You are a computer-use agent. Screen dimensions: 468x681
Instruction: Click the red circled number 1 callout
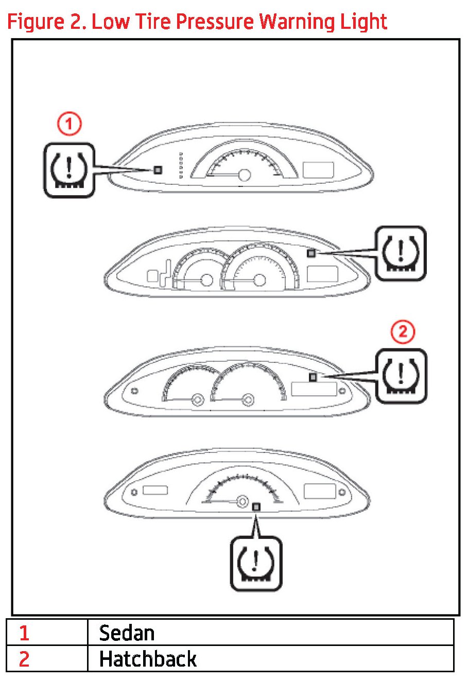pyautogui.click(x=69, y=125)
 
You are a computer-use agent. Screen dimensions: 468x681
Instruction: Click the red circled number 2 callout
pyautogui.click(x=402, y=331)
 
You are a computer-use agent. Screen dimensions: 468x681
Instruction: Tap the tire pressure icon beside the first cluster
pyautogui.click(x=68, y=170)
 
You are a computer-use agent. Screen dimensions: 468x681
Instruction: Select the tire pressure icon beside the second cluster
pyautogui.click(x=401, y=253)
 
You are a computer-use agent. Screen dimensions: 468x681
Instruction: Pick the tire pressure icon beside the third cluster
pyautogui.click(x=401, y=376)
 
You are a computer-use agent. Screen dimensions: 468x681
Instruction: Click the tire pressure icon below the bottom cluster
pyautogui.click(x=255, y=563)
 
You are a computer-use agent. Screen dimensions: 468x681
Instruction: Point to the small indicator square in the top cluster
pyautogui.click(x=158, y=170)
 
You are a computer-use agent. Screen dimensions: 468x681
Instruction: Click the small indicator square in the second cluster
pyautogui.click(x=310, y=253)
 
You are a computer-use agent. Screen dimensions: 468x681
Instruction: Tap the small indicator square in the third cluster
pyautogui.click(x=313, y=377)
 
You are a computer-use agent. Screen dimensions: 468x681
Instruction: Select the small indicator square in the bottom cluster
pyautogui.click(x=256, y=507)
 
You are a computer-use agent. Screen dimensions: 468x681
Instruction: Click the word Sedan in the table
pyautogui.click(x=127, y=633)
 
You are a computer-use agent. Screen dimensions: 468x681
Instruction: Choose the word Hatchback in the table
pyautogui.click(x=148, y=659)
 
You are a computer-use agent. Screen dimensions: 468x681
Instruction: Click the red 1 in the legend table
pyautogui.click(x=24, y=633)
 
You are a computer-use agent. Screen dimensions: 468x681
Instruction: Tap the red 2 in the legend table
pyautogui.click(x=24, y=659)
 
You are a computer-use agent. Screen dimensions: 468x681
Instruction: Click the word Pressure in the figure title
pyautogui.click(x=214, y=22)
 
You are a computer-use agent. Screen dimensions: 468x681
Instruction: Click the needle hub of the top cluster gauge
pyautogui.click(x=245, y=176)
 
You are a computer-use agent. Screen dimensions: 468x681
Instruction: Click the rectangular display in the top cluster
pyautogui.click(x=318, y=170)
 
